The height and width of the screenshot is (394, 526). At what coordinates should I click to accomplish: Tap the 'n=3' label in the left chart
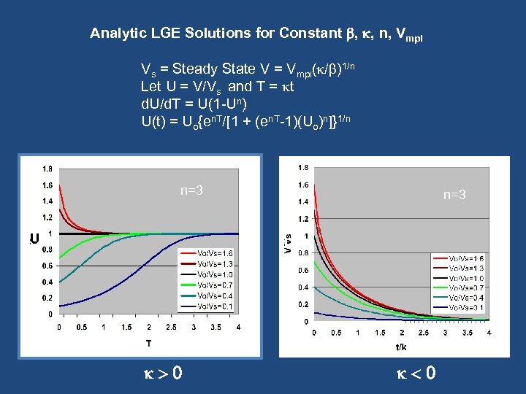point(191,191)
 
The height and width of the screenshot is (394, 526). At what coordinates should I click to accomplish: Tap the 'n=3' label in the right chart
point(454,195)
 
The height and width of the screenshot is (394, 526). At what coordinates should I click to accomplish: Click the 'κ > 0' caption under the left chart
point(161,374)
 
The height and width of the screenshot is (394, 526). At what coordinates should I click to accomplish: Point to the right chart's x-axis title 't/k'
point(400,347)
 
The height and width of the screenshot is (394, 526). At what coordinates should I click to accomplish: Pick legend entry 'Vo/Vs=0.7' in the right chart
point(467,287)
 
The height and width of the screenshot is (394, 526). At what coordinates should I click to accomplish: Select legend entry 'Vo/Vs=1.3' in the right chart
point(467,268)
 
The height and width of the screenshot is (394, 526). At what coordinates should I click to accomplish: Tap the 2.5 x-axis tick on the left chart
point(171,327)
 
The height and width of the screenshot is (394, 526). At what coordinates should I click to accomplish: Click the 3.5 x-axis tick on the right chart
point(467,333)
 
